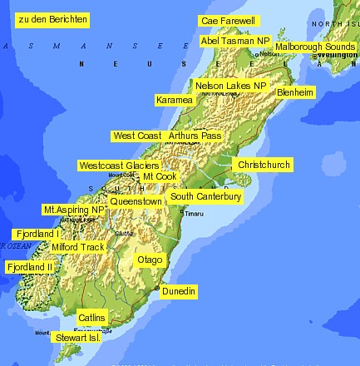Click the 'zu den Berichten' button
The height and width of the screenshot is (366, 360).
(52, 18)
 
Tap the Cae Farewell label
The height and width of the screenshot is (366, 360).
(229, 20)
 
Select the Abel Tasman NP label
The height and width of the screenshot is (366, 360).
(235, 40)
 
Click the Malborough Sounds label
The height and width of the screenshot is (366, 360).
(314, 47)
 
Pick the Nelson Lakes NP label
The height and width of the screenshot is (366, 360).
(230, 85)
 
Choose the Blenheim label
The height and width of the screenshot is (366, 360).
(295, 91)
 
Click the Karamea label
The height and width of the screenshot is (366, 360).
(175, 100)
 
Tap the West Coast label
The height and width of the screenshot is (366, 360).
(137, 135)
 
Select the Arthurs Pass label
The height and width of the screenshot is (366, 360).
(195, 135)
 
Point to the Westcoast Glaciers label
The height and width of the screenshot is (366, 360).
(131, 166)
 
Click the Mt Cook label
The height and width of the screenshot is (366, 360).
(160, 176)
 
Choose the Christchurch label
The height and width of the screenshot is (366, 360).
(264, 165)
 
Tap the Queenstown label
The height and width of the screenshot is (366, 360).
(136, 201)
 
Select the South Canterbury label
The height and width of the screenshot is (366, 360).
(205, 196)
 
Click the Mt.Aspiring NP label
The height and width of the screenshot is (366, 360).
(74, 210)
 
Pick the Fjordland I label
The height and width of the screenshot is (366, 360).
(35, 234)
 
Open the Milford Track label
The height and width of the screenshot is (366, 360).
(78, 247)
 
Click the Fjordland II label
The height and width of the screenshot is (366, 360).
(30, 267)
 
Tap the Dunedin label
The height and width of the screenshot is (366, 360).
(179, 291)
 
